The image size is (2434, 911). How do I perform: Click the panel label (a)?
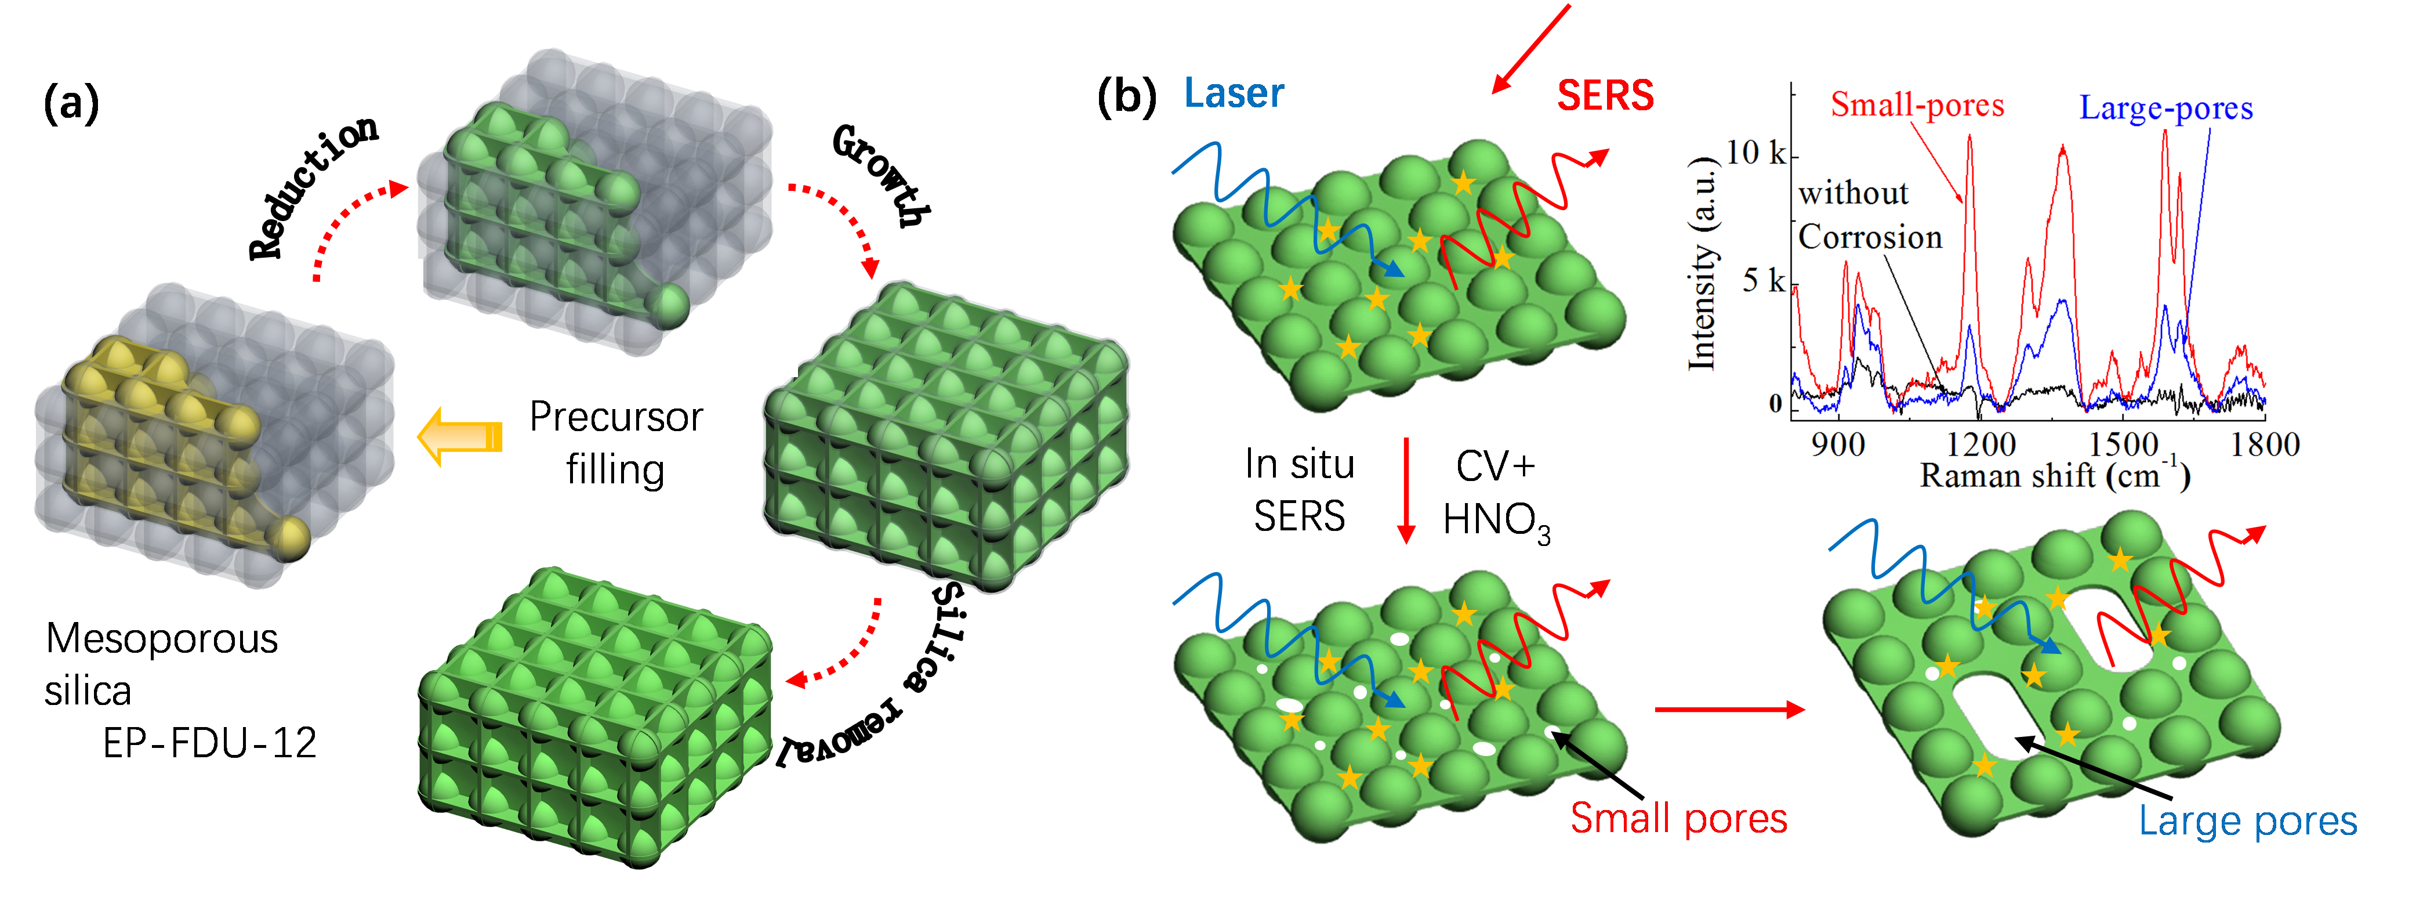coord(71,102)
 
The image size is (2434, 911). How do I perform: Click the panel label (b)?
coord(1126,96)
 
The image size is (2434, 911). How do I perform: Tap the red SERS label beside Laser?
coord(1605,95)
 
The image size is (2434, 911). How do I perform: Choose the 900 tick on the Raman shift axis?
coord(1838,444)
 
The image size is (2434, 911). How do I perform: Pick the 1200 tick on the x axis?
coord(1980,444)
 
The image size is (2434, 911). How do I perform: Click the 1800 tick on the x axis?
coord(2265,444)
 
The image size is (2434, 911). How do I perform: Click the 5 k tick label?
coord(1763,281)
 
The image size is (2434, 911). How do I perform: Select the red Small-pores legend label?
coord(1917,105)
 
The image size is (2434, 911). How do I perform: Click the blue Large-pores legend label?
coord(2165,109)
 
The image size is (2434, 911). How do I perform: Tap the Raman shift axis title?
coord(2055,475)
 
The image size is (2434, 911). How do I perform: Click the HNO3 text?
coord(1497,520)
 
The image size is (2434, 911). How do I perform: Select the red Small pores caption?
coord(1678,818)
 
